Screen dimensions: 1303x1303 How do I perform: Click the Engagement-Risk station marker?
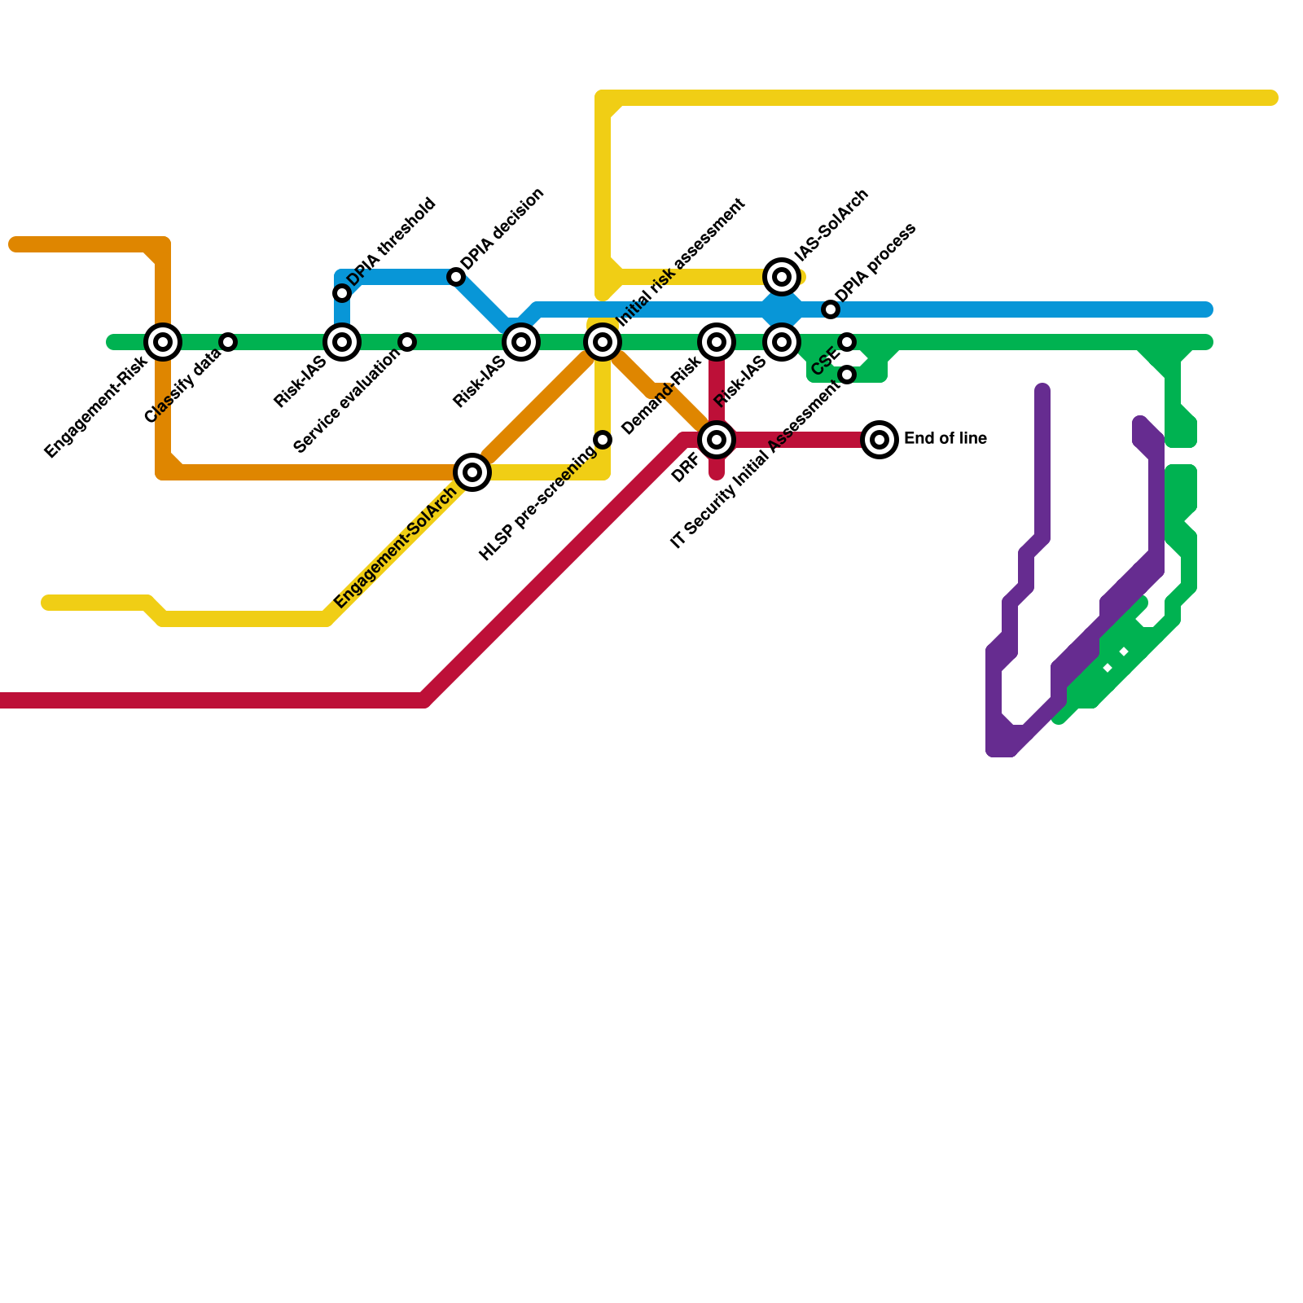coord(163,342)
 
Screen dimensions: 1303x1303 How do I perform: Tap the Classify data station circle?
coord(229,342)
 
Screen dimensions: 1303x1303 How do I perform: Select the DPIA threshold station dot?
coord(342,293)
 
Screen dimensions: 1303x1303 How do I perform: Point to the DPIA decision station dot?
coord(456,278)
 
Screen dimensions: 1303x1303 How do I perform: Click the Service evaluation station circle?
coord(407,342)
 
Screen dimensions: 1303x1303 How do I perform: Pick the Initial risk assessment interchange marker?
coord(603,342)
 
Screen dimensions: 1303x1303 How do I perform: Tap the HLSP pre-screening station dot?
coord(603,440)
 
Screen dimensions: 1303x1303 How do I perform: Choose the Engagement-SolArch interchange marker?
coord(472,472)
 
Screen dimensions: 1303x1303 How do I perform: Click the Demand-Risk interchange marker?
coord(717,342)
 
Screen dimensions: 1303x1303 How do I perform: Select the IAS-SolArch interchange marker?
coord(782,277)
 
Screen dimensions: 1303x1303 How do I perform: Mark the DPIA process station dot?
coord(830,309)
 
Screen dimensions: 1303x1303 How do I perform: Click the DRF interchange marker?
coord(717,440)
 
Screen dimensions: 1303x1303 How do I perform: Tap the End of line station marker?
coord(880,440)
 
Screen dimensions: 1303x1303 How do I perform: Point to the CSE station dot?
coord(847,342)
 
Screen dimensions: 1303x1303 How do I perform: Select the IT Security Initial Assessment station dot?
coord(847,375)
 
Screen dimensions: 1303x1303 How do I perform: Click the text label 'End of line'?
coord(945,439)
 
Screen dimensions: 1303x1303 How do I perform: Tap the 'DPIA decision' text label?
coord(502,230)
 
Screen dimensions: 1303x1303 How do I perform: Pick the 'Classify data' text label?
coord(182,386)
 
